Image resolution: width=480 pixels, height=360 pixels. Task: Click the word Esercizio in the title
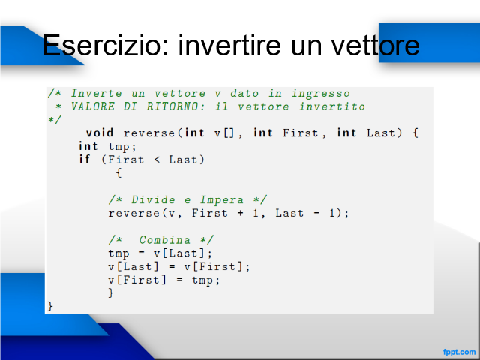106,45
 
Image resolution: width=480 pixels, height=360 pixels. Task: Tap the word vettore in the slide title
376,45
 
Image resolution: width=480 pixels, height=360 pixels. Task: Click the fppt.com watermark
460,352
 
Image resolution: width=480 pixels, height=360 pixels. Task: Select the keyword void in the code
100,133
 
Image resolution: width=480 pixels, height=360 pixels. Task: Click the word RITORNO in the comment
175,106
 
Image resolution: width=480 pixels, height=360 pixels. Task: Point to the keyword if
85,159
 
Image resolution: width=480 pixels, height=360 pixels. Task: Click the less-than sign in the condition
157,160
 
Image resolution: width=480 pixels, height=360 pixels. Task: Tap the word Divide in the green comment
153,200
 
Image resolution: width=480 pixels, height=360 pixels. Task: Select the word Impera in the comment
222,200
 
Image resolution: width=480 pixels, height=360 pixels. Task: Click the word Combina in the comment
165,240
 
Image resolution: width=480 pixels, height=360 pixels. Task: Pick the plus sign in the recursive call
240,213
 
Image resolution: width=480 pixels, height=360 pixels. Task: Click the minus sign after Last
316,213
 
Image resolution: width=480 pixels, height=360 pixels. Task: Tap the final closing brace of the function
50,306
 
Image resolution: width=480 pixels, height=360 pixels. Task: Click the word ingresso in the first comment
320,93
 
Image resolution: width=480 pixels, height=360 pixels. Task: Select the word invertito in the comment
331,106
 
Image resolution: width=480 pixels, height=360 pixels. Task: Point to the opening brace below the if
118,173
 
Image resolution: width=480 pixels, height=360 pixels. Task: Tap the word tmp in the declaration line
118,147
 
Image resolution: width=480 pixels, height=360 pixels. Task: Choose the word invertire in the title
229,45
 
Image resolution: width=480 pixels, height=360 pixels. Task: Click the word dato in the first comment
244,93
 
